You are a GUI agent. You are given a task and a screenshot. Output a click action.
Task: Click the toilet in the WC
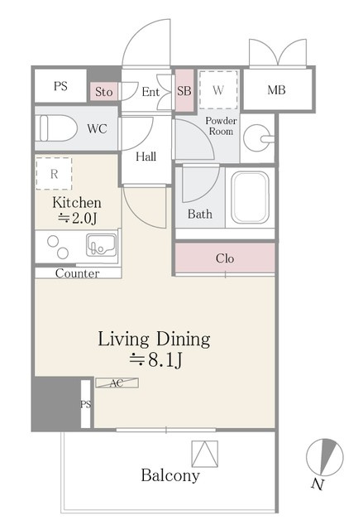tap(56, 128)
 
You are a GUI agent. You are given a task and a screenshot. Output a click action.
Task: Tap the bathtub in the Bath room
tap(250, 197)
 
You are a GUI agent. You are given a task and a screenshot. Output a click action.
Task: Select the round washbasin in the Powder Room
tap(259, 138)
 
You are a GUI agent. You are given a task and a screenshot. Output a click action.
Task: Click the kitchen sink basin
tap(101, 245)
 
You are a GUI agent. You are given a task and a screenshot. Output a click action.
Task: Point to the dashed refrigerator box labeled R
tap(54, 174)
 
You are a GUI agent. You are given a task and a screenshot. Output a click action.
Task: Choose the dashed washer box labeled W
tap(218, 90)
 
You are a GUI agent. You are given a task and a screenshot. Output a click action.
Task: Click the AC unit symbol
tap(117, 383)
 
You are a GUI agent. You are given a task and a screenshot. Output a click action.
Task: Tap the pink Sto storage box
tap(103, 91)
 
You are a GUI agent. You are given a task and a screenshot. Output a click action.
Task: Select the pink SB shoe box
tap(184, 90)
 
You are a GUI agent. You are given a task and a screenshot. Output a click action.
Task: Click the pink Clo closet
tap(225, 258)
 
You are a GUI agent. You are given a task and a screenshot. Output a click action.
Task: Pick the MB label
tap(276, 90)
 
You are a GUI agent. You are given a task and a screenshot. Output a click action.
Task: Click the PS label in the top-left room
tap(60, 86)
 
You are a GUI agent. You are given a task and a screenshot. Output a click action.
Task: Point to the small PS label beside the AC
tap(86, 404)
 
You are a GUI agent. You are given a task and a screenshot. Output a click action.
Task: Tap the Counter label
tap(77, 273)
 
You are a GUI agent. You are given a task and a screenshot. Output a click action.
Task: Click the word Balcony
tap(170, 475)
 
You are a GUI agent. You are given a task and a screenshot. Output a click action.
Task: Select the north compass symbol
tap(324, 457)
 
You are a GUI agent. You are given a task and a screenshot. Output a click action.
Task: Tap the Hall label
tap(146, 157)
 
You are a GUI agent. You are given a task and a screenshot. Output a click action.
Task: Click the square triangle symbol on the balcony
tap(205, 454)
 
